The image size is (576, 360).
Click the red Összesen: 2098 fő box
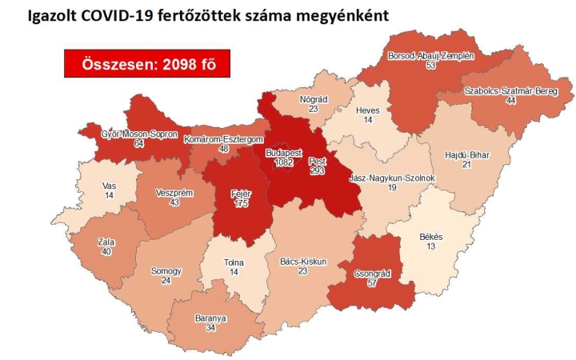pos(147,64)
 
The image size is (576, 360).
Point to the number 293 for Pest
pos(317,171)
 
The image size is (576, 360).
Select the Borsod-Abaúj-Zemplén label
pos(431,56)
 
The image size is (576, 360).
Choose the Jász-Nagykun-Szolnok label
pos(381,177)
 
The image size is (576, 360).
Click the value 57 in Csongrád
pos(372,283)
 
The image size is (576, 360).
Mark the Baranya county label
pos(210,318)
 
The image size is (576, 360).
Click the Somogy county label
pos(166,270)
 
